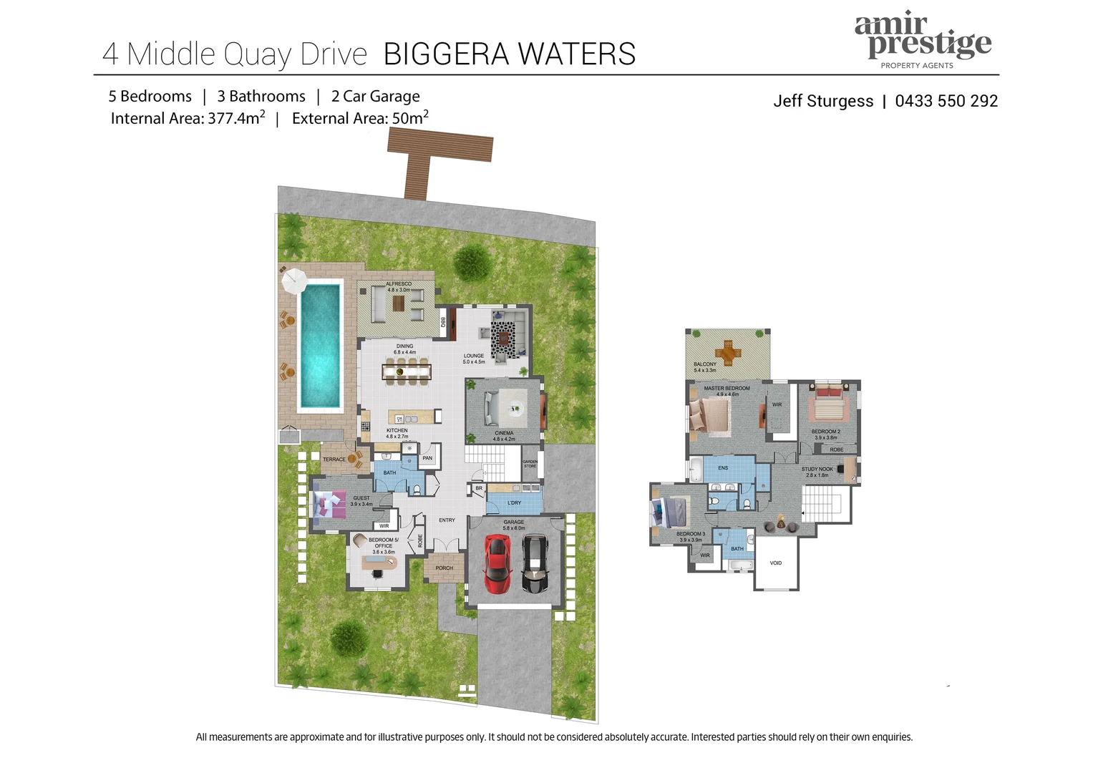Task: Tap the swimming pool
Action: (319, 344)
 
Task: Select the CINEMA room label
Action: (504, 434)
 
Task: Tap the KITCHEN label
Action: (397, 431)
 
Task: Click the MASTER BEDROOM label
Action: (727, 389)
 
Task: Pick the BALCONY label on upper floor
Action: (704, 365)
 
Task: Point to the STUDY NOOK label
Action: (817, 470)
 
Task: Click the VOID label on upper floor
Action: (776, 563)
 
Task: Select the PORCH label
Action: (444, 568)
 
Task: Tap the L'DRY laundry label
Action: (514, 503)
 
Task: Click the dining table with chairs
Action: (407, 371)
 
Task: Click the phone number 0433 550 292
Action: (946, 101)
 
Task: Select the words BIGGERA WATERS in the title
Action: (509, 54)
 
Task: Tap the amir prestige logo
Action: (923, 40)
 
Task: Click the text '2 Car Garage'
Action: (375, 97)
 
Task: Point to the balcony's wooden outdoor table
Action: (728, 351)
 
